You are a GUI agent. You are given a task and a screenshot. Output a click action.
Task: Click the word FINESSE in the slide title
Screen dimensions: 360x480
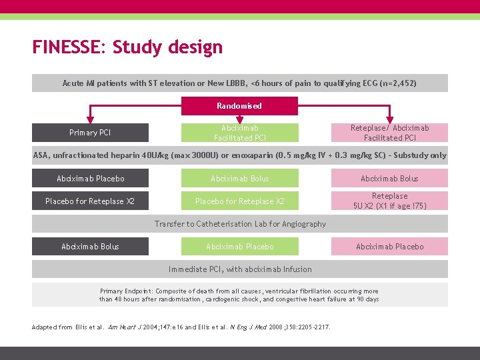pos(69,48)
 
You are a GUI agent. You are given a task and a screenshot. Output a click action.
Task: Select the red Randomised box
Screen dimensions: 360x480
pos(239,105)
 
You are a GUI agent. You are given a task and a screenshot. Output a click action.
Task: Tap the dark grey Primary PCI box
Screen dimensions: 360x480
pos(90,133)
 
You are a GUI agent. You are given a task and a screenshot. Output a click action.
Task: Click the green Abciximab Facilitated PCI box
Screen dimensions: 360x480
pos(239,133)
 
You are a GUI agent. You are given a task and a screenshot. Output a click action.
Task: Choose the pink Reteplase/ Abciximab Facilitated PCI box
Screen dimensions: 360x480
pos(390,133)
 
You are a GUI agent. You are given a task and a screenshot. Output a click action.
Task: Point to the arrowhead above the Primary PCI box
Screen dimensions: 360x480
pos(91,119)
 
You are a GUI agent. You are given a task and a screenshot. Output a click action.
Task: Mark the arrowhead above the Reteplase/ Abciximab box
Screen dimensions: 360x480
pos(391,119)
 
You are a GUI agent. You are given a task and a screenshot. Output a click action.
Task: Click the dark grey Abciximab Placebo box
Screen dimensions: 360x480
pos(90,179)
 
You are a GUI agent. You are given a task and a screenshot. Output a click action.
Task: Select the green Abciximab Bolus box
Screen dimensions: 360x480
pos(239,179)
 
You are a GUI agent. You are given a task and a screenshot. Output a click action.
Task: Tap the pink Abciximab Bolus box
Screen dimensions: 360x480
pos(390,179)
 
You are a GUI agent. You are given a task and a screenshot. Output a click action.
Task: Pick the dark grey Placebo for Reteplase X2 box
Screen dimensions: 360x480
pos(90,201)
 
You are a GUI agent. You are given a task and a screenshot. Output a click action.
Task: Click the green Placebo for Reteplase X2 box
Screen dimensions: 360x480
pos(239,201)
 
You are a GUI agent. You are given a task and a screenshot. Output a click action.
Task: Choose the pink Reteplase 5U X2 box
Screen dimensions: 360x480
pos(390,201)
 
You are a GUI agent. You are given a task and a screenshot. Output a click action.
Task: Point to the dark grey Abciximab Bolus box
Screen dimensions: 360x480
pos(90,247)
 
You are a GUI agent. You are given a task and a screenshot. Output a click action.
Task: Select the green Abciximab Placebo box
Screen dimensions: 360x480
pos(239,247)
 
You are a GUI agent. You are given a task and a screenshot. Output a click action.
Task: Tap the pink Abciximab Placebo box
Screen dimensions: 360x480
pos(390,247)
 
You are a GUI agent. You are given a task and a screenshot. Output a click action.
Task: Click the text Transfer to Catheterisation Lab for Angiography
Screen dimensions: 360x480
pos(240,224)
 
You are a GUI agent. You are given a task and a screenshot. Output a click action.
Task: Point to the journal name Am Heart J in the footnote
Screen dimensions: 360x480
pos(123,327)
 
